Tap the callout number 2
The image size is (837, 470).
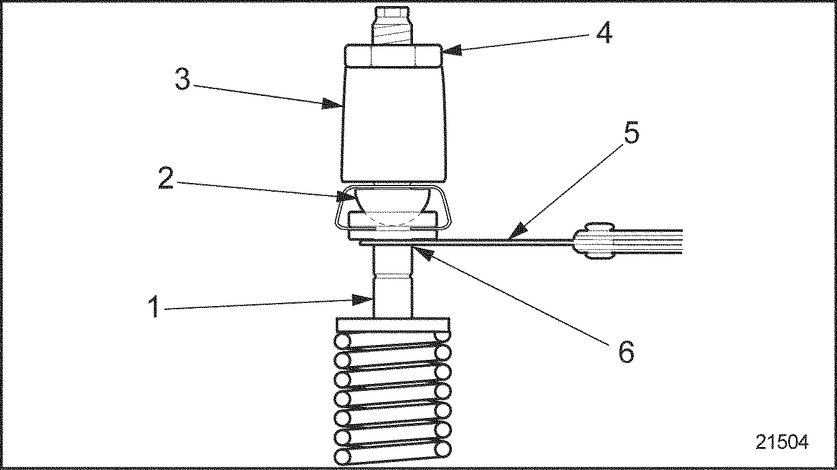tap(165, 177)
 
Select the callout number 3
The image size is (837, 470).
tap(182, 79)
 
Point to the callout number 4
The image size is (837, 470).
tap(604, 33)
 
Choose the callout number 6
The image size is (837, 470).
tap(626, 352)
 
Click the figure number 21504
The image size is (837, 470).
tap(781, 442)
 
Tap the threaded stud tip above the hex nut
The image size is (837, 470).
tap(393, 25)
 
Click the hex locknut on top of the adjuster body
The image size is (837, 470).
tap(393, 56)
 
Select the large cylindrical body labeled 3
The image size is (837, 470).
tap(393, 121)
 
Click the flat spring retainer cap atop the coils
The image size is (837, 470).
tap(393, 324)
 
